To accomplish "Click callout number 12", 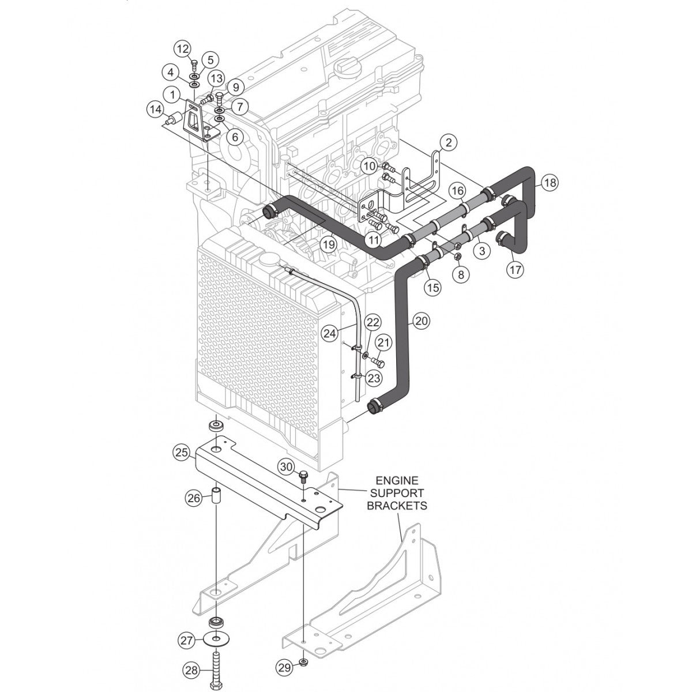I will (183, 49).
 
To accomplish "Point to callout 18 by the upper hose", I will (550, 183).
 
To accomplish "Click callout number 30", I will (287, 466).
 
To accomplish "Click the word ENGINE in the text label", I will (397, 480).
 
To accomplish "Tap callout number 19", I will (328, 245).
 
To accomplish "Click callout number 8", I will (460, 275).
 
